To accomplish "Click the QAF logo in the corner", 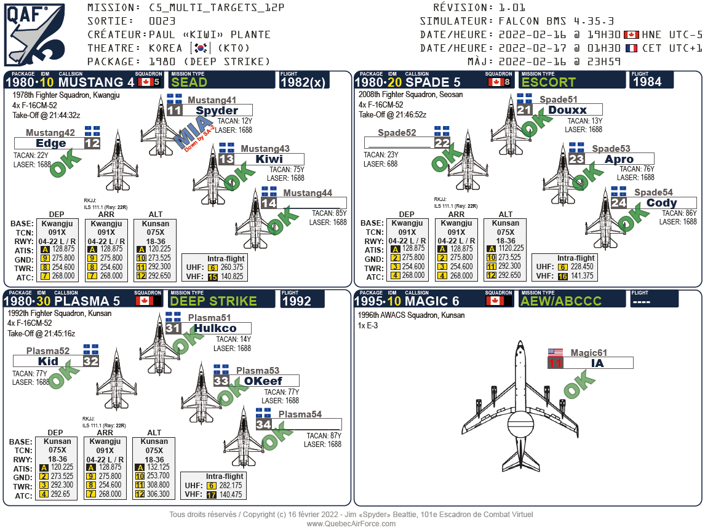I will (34, 34).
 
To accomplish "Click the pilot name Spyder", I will (217, 111).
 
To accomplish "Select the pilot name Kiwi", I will (269, 159).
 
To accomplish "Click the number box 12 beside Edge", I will (92, 143).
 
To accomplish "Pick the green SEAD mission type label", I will (189, 82).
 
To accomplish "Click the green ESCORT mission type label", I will (549, 82).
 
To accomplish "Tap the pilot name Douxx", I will (567, 110).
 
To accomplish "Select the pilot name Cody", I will (662, 203).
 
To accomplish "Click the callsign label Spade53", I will (611, 149).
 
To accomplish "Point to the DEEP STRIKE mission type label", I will (213, 301).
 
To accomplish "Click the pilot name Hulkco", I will (215, 328).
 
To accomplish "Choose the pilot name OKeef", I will (263, 381).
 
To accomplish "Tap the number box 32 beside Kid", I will (91, 361).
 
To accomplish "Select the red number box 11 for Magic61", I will (556, 363).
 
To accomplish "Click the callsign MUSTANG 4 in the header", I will (97, 82).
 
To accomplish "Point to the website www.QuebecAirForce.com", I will (351, 523).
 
